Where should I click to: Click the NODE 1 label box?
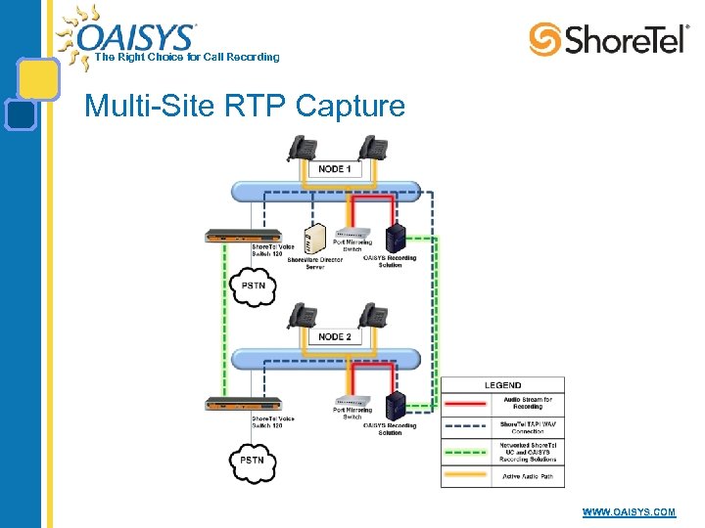coord(333,169)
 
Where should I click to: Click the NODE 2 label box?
coord(333,336)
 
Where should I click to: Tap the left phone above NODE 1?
coord(302,148)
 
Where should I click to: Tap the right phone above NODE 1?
coord(371,148)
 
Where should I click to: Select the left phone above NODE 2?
coord(302,315)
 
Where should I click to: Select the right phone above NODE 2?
coord(371,315)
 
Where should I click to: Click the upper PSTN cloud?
coord(253,287)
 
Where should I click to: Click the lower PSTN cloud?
coord(253,461)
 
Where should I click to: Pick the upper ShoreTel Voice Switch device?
coord(242,236)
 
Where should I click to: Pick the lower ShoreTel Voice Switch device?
coord(242,404)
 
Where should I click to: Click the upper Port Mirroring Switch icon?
coord(352,236)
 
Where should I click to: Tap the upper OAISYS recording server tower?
coord(396,239)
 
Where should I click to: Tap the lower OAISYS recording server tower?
coord(396,406)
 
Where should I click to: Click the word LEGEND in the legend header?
coord(502,385)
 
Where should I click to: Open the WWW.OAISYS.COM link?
coord(629,512)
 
